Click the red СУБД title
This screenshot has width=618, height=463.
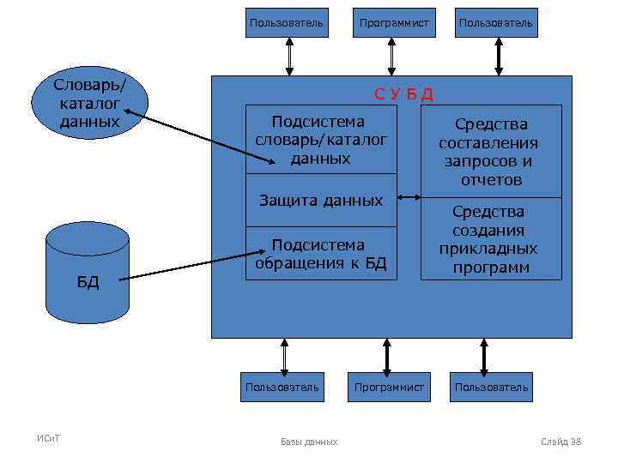coord(403,93)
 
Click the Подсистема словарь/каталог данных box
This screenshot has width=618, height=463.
coord(321,140)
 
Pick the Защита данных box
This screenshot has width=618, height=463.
coord(321,201)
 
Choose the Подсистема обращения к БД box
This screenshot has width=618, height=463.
coord(321,254)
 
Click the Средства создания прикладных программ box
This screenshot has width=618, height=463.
coord(491,239)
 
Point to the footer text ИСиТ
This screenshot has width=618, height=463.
coord(48,440)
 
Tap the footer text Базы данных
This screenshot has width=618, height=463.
coord(309,442)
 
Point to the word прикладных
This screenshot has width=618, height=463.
coord(488,249)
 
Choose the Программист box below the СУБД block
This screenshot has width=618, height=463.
coord(390,388)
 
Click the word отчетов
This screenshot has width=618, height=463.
coord(491,180)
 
